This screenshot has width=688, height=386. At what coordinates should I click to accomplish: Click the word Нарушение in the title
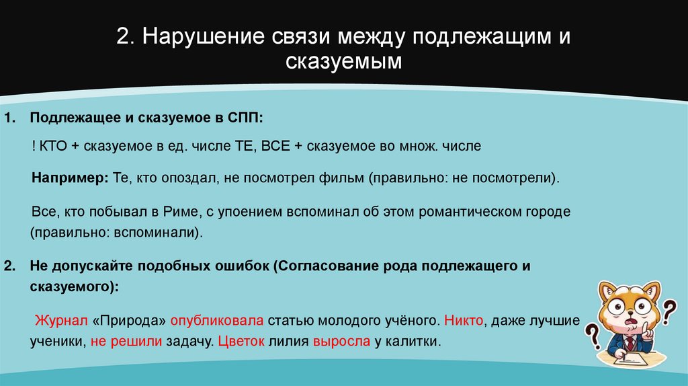point(191,37)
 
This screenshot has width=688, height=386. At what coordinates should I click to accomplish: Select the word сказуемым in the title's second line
point(344,63)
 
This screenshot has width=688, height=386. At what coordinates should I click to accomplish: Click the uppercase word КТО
point(56,146)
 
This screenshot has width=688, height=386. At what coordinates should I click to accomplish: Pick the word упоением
point(243,212)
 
